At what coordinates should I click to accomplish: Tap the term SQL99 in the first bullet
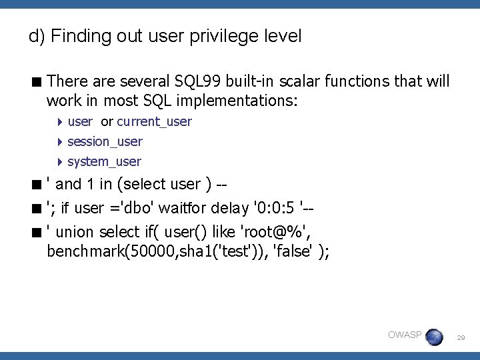click(x=193, y=81)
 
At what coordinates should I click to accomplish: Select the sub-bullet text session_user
click(x=105, y=141)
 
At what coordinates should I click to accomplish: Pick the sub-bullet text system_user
click(x=104, y=161)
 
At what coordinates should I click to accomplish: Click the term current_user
click(x=154, y=121)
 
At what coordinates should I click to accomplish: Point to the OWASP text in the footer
click(x=404, y=335)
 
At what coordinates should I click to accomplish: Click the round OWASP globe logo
click(x=434, y=337)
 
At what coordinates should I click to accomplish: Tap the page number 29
click(x=460, y=339)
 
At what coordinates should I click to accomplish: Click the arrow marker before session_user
click(x=60, y=141)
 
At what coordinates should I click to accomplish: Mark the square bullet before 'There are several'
click(x=37, y=81)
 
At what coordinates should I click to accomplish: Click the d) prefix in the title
click(x=37, y=36)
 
